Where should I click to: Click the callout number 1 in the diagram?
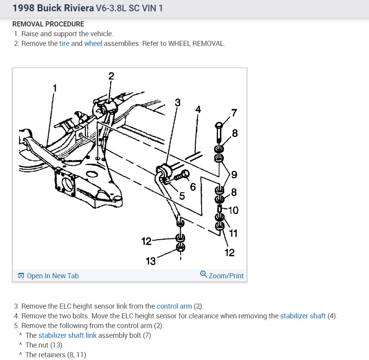(x=55, y=88)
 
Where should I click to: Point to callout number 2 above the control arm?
(x=111, y=76)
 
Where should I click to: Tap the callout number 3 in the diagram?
(x=177, y=103)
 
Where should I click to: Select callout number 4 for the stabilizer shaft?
(x=198, y=110)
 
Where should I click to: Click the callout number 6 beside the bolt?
(x=193, y=187)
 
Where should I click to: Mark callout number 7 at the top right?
(x=234, y=113)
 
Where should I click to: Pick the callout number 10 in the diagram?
(x=234, y=210)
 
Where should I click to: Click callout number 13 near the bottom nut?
(x=151, y=261)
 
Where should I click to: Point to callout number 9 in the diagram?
(x=234, y=174)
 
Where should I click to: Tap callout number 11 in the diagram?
(x=233, y=233)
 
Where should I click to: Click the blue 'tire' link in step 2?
(x=64, y=44)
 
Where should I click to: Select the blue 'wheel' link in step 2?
(x=93, y=44)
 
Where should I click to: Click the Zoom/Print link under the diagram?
(x=226, y=276)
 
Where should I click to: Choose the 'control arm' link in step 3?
(x=174, y=306)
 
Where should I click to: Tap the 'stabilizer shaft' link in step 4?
(x=302, y=316)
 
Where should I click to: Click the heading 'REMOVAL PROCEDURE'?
(x=48, y=24)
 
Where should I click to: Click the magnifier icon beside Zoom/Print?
(x=203, y=275)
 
